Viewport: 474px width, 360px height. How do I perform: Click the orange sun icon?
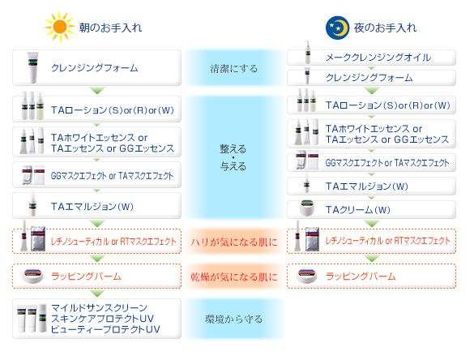coord(59,27)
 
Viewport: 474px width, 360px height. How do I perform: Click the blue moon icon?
coord(337,28)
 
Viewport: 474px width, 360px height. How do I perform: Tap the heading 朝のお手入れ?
coord(111,28)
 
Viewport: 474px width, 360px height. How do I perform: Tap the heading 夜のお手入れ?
coord(385,28)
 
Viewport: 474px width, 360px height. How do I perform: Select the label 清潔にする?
coord(234,68)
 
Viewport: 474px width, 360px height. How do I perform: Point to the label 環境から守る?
coord(234,319)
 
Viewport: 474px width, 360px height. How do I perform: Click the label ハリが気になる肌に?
coord(234,242)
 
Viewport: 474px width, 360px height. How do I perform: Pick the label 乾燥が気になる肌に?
coord(234,276)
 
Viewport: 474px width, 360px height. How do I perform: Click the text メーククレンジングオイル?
coord(378,58)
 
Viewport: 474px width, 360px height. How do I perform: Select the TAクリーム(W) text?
coord(358,210)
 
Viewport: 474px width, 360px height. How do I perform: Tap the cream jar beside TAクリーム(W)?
coord(307,208)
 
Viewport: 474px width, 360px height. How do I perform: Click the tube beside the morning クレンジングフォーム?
coord(32,67)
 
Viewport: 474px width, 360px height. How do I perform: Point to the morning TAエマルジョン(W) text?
coord(92,206)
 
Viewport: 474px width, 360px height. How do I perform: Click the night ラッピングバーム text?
coord(361,276)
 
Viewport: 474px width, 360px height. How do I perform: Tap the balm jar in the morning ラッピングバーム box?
coord(33,276)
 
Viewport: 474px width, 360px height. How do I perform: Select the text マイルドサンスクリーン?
coord(99,307)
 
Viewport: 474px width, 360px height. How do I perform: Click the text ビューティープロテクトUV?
coord(105,329)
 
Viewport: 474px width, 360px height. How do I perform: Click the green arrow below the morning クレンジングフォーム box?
coord(97,91)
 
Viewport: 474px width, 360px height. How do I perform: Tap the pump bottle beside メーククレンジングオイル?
coord(307,53)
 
